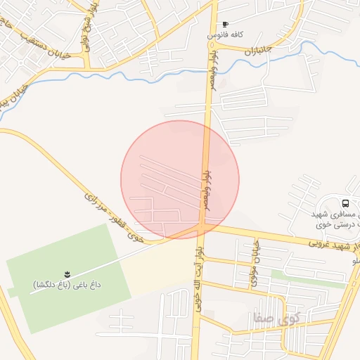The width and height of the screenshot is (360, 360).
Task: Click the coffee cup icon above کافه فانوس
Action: [225, 25]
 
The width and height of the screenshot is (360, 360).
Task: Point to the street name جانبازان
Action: [258, 49]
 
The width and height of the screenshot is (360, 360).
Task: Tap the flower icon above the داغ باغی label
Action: [67, 273]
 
